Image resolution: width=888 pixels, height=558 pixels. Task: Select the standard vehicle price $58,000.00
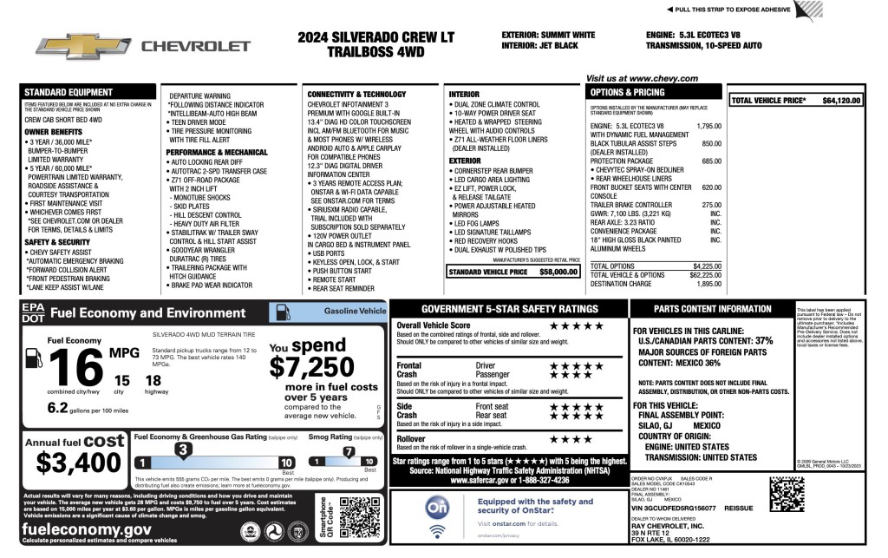coord(558,272)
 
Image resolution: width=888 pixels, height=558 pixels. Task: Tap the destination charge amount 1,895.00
coord(708,284)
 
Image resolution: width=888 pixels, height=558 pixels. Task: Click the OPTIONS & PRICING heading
coord(627,92)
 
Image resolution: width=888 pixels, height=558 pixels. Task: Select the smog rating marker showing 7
coord(349,451)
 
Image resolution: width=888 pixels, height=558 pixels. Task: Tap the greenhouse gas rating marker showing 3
coord(182,450)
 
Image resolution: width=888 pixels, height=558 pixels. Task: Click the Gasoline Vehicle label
coord(354,310)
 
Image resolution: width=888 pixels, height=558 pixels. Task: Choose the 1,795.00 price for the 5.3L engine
coord(708,126)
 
